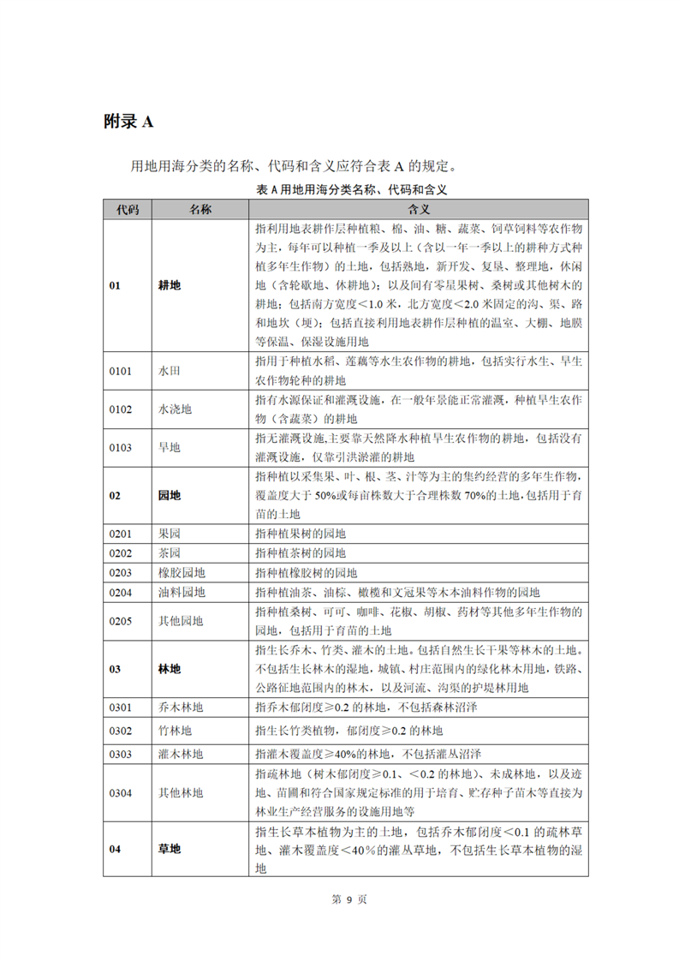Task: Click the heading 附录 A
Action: (128, 122)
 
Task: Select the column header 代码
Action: (127, 210)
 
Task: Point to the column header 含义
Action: (419, 210)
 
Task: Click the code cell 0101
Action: (121, 371)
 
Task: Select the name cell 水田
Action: (170, 371)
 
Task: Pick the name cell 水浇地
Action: (175, 409)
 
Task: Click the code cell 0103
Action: (121, 446)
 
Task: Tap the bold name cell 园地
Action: (170, 496)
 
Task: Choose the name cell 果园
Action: (170, 534)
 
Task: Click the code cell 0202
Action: (121, 553)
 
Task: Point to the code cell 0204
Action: (121, 592)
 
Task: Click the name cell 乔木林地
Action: (181, 707)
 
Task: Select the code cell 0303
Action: (121, 754)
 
